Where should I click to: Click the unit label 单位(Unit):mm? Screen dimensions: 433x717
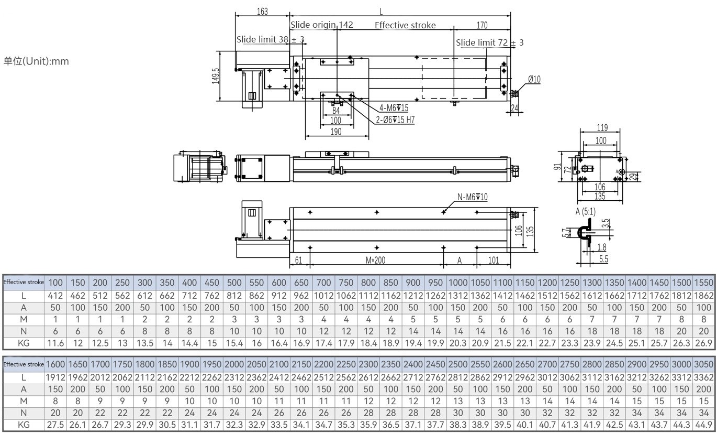pos(36,61)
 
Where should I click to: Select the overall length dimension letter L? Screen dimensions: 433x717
pos(381,11)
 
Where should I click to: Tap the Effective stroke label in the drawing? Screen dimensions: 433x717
pos(405,25)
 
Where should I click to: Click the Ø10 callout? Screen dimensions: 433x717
pos(534,80)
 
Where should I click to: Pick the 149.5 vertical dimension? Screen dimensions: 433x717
pos(216,75)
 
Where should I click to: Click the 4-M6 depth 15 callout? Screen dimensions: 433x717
pos(394,108)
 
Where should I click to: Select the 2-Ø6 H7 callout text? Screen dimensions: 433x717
pos(395,120)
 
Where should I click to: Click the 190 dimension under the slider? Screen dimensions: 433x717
pos(336,132)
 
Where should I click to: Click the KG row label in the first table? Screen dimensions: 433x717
pos(24,343)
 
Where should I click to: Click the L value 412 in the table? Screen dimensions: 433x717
pos(55,296)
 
